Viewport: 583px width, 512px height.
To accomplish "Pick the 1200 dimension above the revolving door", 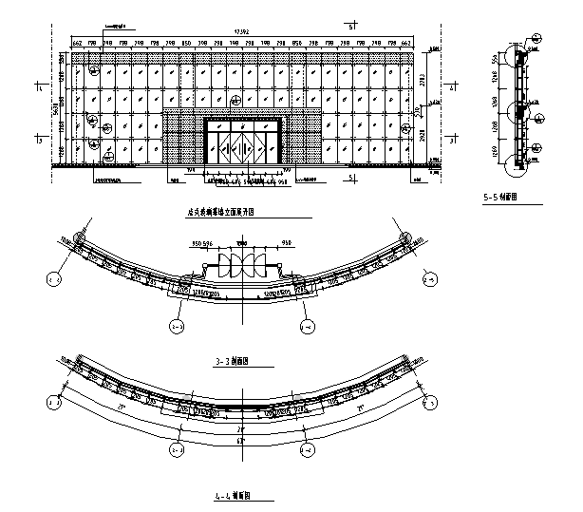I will point(241,243).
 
